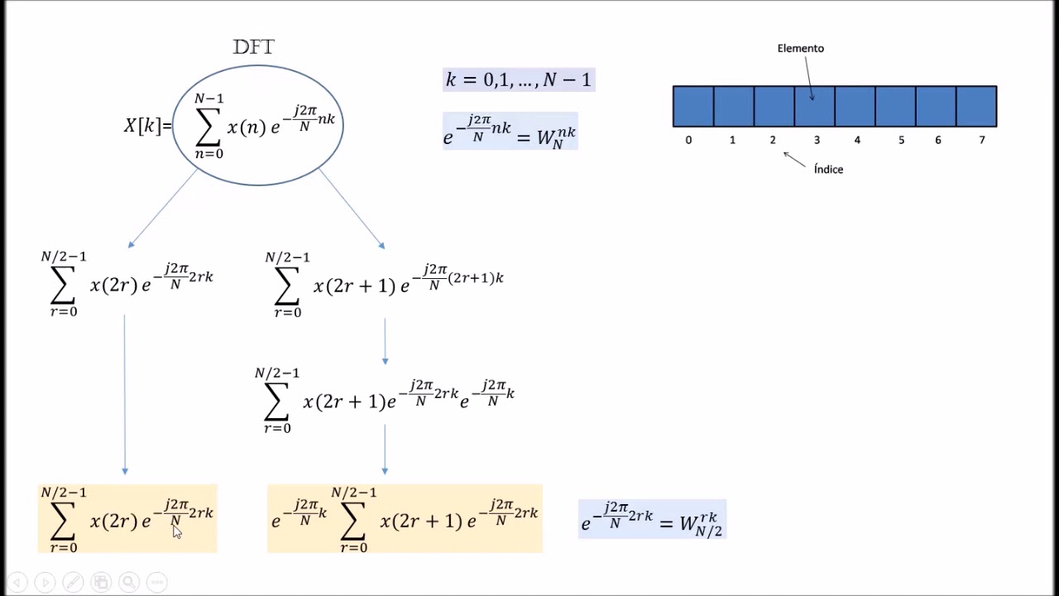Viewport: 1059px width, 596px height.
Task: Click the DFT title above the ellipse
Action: click(253, 47)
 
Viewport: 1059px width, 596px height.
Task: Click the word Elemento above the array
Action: click(800, 48)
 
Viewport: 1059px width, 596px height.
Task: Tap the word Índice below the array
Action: click(828, 169)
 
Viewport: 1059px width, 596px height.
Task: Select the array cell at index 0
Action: click(693, 106)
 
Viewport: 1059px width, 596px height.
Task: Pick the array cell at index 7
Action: click(976, 106)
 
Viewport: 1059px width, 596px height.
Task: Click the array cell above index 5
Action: click(895, 106)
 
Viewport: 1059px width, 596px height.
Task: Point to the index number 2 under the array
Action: click(773, 140)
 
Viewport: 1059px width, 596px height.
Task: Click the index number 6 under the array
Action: click(938, 140)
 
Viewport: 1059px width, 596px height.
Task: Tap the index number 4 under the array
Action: click(857, 140)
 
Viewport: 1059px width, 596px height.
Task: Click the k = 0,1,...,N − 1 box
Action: click(519, 79)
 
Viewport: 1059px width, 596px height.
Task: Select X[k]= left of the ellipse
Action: click(147, 126)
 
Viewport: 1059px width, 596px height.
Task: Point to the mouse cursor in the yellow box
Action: click(176, 531)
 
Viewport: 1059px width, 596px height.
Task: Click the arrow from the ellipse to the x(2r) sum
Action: click(163, 208)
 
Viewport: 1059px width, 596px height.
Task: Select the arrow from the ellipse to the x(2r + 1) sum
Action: click(352, 208)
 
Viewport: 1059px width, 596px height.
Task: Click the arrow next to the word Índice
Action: click(794, 159)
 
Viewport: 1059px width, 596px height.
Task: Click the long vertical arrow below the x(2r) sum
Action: click(125, 394)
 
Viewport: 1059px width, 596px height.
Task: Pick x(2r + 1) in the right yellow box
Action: click(420, 521)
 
